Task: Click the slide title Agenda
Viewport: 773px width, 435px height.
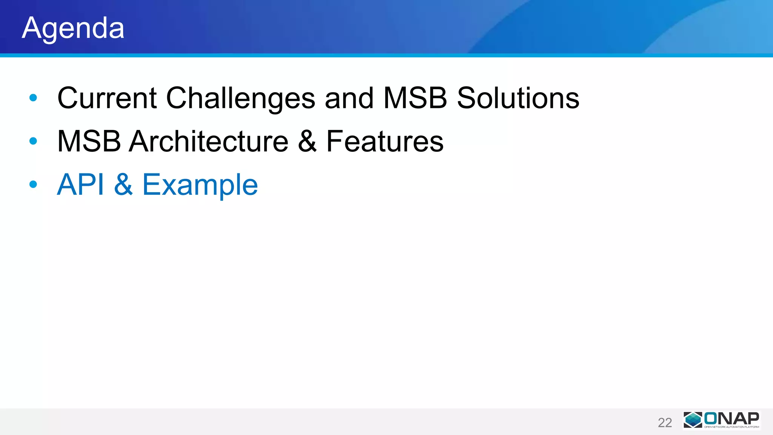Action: click(73, 28)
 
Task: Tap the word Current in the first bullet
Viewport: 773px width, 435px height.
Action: click(107, 98)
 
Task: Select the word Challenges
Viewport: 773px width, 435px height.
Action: click(240, 98)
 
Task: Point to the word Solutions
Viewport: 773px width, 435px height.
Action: click(518, 98)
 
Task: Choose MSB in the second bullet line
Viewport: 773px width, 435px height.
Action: click(89, 141)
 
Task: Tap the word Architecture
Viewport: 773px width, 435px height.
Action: click(208, 141)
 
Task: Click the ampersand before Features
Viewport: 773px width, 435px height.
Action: click(307, 141)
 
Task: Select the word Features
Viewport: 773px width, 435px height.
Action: click(385, 141)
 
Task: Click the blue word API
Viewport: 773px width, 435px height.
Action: click(80, 185)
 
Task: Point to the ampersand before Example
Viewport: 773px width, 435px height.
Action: click(123, 185)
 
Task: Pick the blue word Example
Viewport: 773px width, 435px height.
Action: click(200, 185)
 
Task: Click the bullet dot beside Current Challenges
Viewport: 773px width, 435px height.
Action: click(33, 98)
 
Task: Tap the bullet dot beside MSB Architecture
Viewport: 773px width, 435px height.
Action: click(33, 141)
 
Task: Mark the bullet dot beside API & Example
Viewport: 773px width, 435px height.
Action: click(33, 184)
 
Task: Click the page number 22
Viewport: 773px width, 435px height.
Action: click(665, 423)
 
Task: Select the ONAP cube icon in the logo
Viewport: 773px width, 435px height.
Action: click(693, 420)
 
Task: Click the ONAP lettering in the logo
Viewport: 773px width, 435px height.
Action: click(731, 418)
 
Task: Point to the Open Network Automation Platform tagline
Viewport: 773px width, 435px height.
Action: click(731, 427)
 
